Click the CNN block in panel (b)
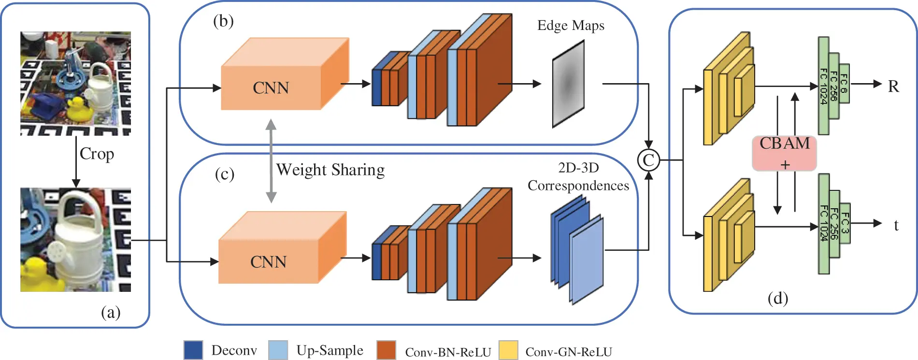[x=271, y=87]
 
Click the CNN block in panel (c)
[x=269, y=261]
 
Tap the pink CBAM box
[x=784, y=153]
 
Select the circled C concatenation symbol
[x=648, y=160]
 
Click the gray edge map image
[x=568, y=84]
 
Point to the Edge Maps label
[x=571, y=25]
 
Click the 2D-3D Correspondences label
[x=578, y=176]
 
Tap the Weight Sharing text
[x=330, y=170]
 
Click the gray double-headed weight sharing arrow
[x=271, y=160]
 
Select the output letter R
[x=893, y=86]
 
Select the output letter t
[x=896, y=225]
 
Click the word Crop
[x=97, y=154]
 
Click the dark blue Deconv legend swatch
[x=193, y=350]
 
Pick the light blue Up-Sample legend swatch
[x=278, y=350]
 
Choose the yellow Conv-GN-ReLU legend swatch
[x=508, y=350]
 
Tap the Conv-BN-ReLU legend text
[x=448, y=352]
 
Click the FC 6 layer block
[x=844, y=83]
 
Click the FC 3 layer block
[x=845, y=223]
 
